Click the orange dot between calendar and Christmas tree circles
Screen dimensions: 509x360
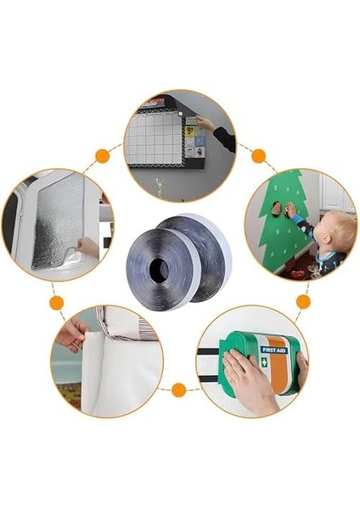pos(258,155)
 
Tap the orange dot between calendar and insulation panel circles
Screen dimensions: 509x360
pos(103,155)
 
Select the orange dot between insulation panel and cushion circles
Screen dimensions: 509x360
pos(56,302)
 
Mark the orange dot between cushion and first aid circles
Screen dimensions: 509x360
pos(178,390)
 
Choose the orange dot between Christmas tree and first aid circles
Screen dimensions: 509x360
pos(303,301)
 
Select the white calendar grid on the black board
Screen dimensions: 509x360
pos(155,140)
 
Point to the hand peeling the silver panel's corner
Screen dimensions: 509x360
pos(88,248)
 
